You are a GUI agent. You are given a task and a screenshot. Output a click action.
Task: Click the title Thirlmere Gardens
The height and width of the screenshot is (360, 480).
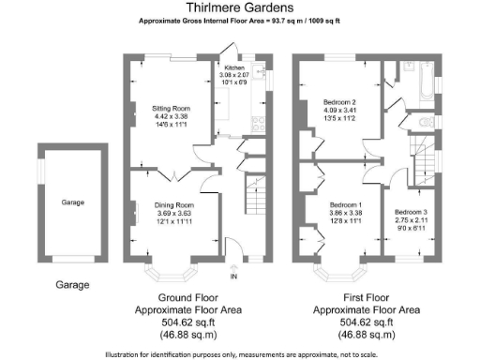pos(241,8)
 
